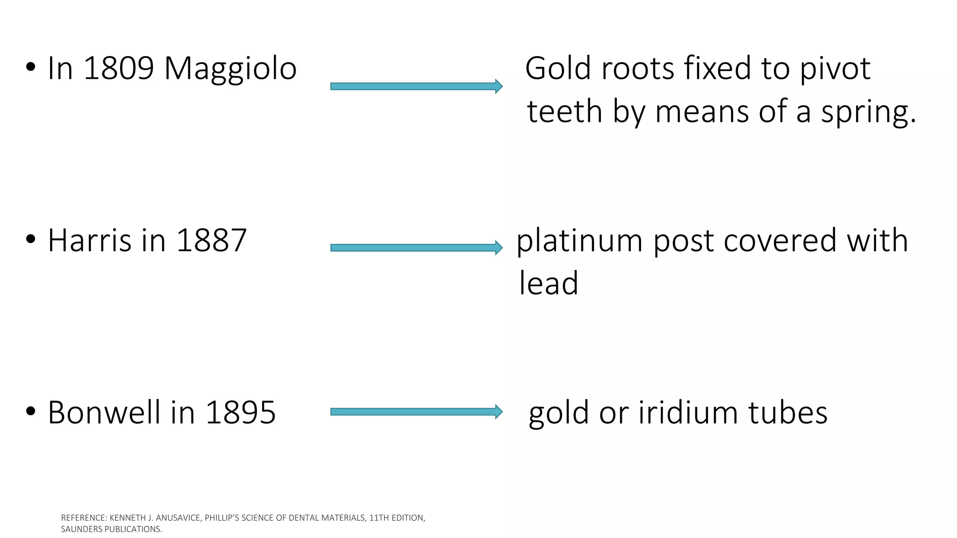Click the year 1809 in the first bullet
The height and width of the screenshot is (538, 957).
(119, 69)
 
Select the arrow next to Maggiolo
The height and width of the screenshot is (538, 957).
(416, 86)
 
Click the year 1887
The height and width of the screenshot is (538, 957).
(211, 241)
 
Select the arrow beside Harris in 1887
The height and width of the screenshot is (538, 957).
(416, 248)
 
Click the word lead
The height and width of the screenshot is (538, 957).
(549, 283)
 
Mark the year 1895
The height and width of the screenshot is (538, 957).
(240, 413)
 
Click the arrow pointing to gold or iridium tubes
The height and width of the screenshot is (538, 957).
(416, 411)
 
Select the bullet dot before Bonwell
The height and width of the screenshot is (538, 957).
(31, 411)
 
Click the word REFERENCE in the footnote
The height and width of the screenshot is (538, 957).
(84, 518)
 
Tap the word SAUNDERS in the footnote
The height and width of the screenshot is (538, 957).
(81, 530)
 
